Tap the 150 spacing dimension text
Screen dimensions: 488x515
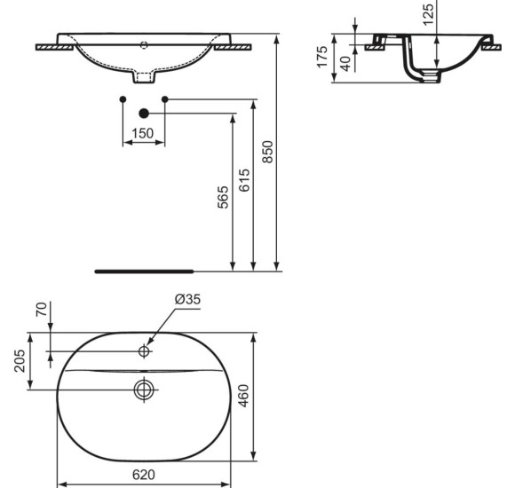pos(143,133)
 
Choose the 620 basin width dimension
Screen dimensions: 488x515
pos(143,476)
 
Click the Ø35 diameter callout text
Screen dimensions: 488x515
pos(187,300)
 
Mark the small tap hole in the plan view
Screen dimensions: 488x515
pos(144,352)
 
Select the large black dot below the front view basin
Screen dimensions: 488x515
pos(144,114)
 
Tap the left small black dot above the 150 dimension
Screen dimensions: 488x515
pos(123,98)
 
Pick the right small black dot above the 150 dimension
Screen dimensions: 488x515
pos(164,98)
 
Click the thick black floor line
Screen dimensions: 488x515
pos(142,270)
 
